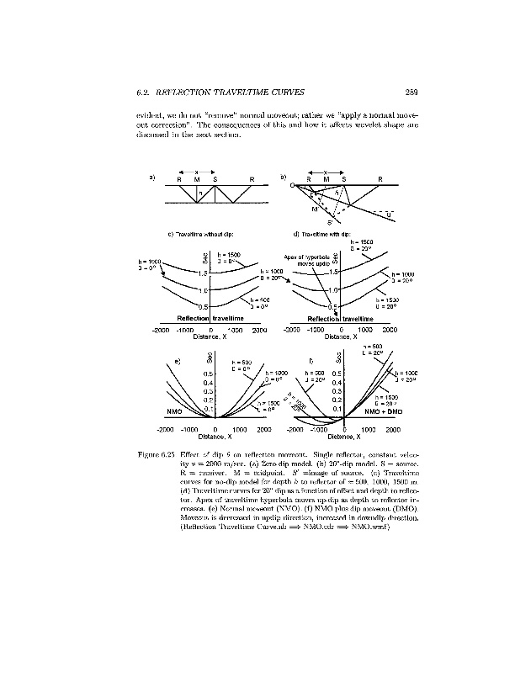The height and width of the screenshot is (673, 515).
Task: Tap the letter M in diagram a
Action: tap(196, 180)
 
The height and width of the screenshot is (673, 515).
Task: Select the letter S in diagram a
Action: tap(215, 180)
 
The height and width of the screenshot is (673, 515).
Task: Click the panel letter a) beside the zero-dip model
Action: tap(152, 178)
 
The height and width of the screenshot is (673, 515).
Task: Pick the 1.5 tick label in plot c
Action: tap(202, 273)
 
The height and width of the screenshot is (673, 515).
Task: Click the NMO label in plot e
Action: tap(175, 412)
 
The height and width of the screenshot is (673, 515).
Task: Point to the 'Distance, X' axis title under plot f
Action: tap(344, 437)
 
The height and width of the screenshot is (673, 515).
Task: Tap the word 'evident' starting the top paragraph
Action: tap(149, 114)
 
